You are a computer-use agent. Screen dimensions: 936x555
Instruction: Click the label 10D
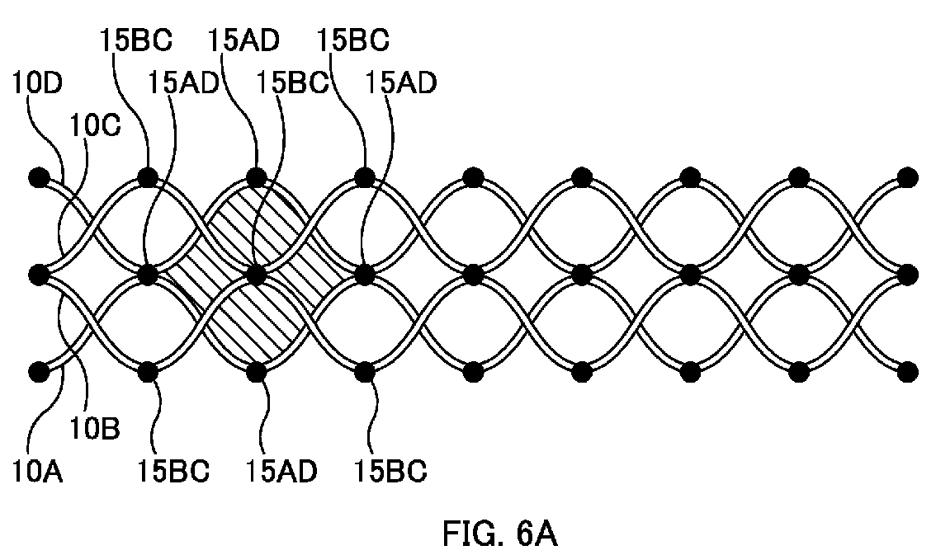point(37,82)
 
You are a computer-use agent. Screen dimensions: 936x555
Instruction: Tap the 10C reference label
point(96,125)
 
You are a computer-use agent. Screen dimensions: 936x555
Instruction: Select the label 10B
point(95,428)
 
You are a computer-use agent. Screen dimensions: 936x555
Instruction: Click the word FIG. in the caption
point(474,533)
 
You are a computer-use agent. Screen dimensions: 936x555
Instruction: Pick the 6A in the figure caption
point(537,533)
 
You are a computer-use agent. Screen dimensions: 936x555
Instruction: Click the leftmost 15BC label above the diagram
point(136,40)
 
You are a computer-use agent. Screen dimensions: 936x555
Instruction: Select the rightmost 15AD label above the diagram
point(400,82)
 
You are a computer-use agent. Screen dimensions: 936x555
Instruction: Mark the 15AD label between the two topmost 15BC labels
point(243,40)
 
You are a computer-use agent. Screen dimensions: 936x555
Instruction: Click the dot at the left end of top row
point(40,177)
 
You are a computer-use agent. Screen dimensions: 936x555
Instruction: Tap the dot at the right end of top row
point(908,177)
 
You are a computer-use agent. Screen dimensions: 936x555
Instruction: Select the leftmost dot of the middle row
point(40,275)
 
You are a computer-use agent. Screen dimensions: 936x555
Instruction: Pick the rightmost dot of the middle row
point(908,275)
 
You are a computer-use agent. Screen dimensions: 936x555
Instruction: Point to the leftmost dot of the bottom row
point(40,372)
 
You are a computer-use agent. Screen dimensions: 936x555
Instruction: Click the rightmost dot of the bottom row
point(908,372)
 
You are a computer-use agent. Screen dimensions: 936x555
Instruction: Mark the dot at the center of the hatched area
point(256,275)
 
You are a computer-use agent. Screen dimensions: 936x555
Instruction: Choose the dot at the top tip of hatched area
point(256,177)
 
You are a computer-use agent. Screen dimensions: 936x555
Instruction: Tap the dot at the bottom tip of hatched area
point(256,372)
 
